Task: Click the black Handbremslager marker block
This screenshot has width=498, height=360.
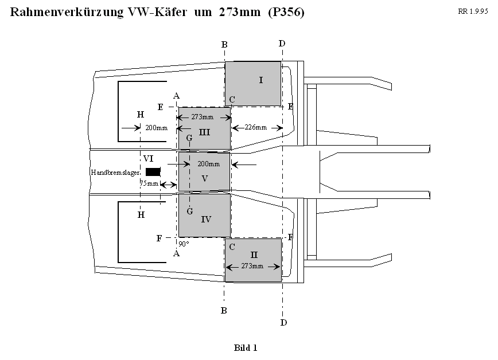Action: tap(153, 171)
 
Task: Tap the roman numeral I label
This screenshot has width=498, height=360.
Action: tap(261, 80)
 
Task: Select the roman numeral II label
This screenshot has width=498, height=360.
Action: tap(254, 254)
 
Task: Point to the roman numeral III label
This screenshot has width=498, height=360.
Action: tap(205, 132)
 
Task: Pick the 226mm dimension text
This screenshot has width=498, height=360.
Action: tap(255, 127)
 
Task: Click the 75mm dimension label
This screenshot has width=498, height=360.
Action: tap(149, 183)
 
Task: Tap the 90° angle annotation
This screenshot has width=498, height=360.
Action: tap(184, 244)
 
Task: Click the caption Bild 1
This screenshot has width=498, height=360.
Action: tap(246, 347)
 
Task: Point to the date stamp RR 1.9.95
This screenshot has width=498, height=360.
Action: tap(473, 11)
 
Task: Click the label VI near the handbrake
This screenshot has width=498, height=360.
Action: tap(148, 158)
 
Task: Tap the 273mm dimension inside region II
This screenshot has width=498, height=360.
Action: tap(252, 267)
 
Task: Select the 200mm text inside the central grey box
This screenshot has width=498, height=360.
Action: tap(208, 164)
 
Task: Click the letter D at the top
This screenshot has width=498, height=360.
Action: tap(281, 44)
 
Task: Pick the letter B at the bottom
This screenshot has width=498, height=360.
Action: tap(224, 310)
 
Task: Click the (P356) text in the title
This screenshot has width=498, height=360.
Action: tap(286, 13)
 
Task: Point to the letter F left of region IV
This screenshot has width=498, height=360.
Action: tap(159, 238)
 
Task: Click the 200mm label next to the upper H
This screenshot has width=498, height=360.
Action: tap(156, 128)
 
